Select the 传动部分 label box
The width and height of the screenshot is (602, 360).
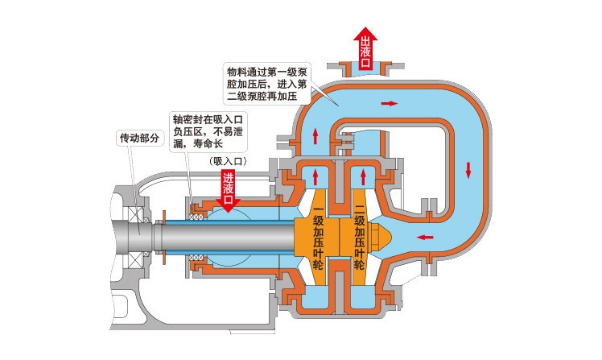[141, 138]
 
